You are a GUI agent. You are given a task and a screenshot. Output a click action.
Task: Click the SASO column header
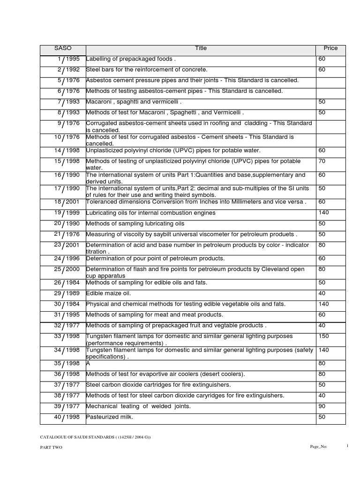click(63, 48)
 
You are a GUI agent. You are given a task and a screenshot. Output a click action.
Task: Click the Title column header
click(201, 48)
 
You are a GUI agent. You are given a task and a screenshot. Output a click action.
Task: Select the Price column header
click(330, 48)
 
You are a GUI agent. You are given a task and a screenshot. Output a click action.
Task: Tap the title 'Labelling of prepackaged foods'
click(131, 59)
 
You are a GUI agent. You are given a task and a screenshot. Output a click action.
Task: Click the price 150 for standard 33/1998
click(323, 336)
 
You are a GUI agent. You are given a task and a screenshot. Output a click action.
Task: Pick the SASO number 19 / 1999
click(67, 213)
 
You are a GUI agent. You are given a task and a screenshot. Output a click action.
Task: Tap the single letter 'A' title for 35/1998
click(89, 363)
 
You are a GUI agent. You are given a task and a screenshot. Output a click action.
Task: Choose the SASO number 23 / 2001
click(67, 245)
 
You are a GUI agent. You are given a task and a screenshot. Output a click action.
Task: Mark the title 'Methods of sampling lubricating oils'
click(135, 224)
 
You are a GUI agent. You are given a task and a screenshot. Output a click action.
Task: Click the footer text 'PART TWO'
click(51, 447)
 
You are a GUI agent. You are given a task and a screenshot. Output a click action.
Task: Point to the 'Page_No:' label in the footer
click(318, 447)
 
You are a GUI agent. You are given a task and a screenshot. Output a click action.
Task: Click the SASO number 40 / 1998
click(67, 417)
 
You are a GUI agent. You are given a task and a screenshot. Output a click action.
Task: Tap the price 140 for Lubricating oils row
click(323, 213)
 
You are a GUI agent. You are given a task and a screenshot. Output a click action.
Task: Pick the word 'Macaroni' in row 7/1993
click(101, 102)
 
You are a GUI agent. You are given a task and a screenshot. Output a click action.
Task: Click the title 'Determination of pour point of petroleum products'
click(155, 258)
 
